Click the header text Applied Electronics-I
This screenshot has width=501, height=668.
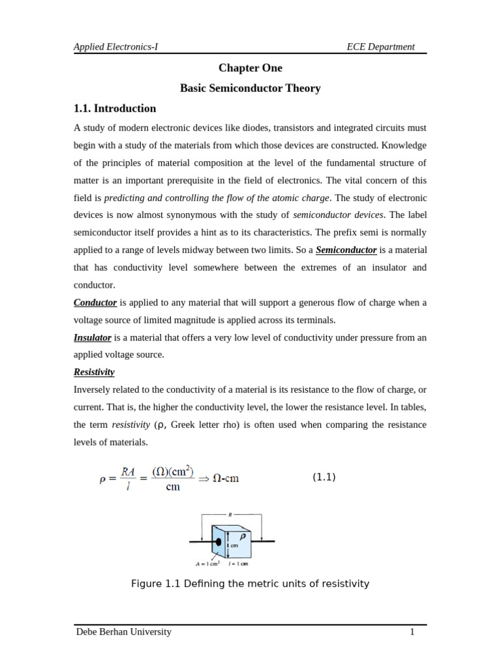point(115,46)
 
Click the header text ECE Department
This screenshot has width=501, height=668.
point(380,46)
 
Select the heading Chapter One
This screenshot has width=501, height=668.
point(250,68)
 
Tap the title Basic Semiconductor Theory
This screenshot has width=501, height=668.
point(250,88)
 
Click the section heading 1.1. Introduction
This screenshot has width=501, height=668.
point(115,108)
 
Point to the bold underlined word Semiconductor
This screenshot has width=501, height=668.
point(346,250)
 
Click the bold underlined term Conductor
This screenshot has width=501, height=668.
point(95,303)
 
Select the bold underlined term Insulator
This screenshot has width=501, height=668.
point(93,337)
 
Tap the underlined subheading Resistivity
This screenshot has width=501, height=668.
point(94,372)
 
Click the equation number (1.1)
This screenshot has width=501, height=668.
point(324,477)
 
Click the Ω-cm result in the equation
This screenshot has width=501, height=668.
point(226,478)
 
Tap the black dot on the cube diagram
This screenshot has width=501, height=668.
point(219,541)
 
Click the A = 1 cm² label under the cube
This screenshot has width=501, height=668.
point(207,564)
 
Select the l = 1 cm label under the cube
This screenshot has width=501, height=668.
point(238,564)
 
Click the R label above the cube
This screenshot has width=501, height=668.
point(230,515)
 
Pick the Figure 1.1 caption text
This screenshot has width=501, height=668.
point(250,584)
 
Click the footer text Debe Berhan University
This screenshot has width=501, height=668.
point(124,631)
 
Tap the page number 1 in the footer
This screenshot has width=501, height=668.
point(412,631)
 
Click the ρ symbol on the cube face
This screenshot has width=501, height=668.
point(242,536)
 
